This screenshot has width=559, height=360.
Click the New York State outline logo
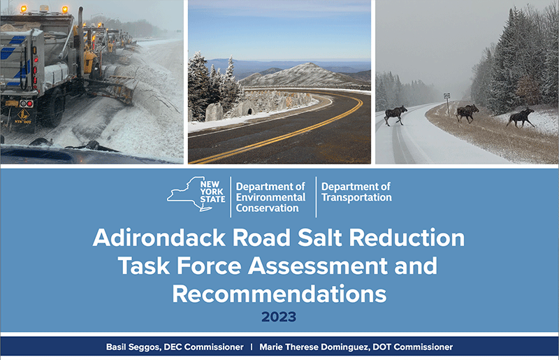196,194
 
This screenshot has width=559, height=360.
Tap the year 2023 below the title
279,317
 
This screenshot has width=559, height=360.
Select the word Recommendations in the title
279,294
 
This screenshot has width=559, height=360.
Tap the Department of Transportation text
356,192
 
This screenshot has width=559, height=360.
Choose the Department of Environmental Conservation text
270,197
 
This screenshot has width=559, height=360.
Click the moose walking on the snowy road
395,115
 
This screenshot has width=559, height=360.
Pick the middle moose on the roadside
467,113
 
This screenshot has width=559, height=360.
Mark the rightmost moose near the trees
521,117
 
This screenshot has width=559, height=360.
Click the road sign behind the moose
447,96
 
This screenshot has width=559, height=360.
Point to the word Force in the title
209,266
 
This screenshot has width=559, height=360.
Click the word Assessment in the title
318,266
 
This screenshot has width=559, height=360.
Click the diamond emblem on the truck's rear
24,115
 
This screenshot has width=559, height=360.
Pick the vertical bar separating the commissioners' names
252,347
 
